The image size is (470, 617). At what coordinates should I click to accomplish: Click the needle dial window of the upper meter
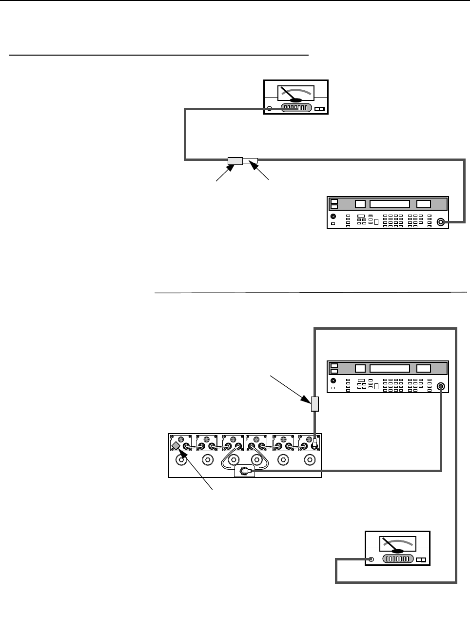pos(296,93)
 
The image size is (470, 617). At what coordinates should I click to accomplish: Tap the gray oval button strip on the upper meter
pos(296,108)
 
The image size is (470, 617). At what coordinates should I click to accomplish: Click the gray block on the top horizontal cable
pos(235,160)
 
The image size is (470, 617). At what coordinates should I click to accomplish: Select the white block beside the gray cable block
pos(250,160)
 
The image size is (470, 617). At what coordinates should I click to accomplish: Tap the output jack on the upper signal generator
pos(441,222)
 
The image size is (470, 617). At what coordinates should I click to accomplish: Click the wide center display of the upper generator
pos(389,204)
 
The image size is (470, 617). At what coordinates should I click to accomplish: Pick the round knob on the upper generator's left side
pos(333,216)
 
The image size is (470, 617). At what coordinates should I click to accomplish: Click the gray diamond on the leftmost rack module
pos(176,446)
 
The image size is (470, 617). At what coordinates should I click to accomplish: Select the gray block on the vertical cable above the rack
pos(315,404)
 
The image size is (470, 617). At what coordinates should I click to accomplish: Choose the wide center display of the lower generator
pos(389,368)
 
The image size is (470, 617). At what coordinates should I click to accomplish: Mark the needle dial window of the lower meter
pos(397,544)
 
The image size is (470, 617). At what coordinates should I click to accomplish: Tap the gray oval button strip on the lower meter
pos(398,559)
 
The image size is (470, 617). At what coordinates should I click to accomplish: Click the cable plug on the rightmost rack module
pos(315,444)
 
